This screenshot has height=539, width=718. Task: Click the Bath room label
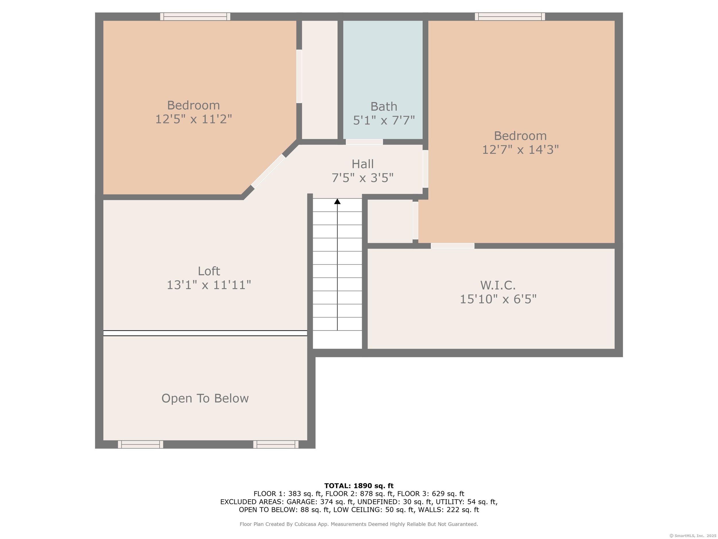pos(384,107)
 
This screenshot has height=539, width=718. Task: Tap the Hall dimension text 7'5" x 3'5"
pos(362,178)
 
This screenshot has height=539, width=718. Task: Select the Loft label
pos(209,271)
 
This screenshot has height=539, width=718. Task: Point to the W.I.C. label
pos(498,285)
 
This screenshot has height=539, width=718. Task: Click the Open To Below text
pos(205,398)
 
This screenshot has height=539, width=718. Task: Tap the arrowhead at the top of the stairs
pos(337,202)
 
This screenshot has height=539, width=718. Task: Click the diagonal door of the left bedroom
pos(268,171)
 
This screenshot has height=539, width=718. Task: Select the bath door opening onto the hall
pos(364,142)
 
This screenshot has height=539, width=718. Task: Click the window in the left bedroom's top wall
pos(195,17)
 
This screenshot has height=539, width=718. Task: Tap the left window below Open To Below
pos(140,444)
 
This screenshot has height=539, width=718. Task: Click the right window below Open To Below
pos(276,444)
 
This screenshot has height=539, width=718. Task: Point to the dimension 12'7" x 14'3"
pos(520,149)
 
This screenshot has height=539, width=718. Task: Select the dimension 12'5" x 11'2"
pos(194,119)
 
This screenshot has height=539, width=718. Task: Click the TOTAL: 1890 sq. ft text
pos(359,486)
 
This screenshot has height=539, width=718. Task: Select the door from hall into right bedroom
pos(425,169)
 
